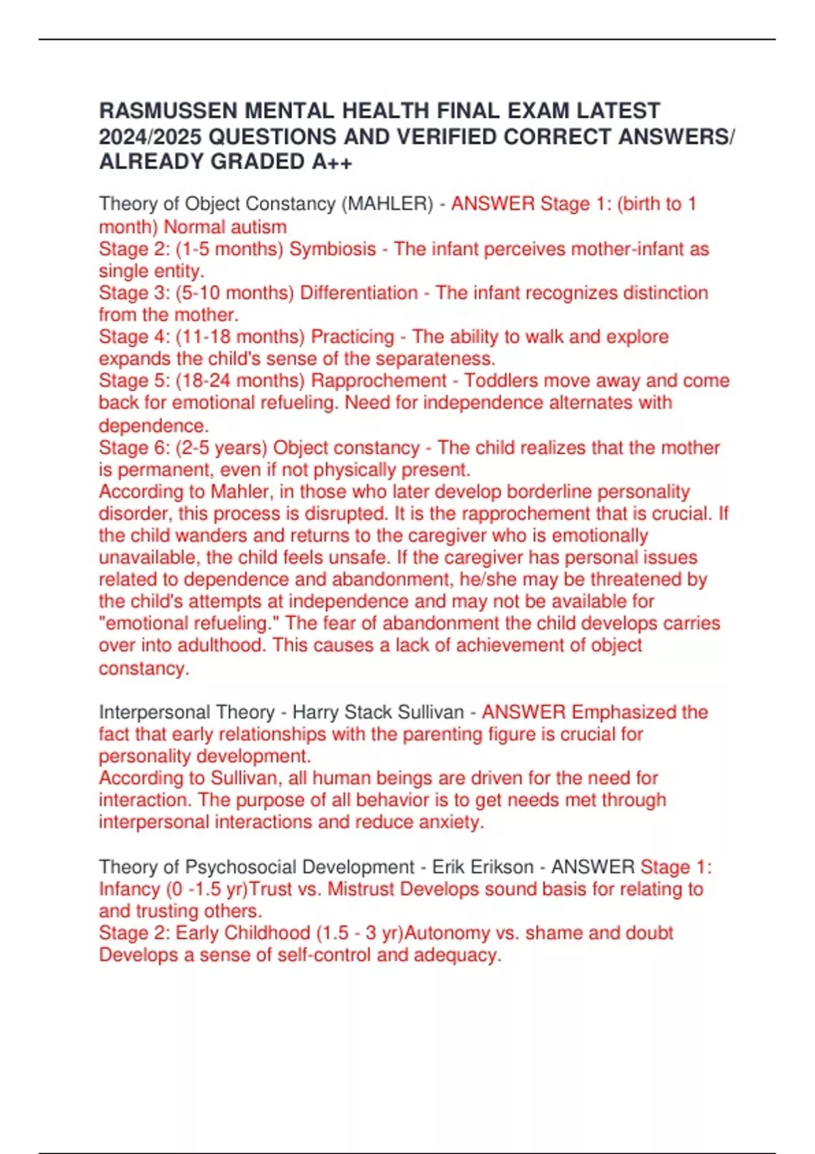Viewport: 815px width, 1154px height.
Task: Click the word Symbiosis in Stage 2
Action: pyautogui.click(x=333, y=248)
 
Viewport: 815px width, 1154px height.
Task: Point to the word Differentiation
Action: pyautogui.click(x=359, y=293)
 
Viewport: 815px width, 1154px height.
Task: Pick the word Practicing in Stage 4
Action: pyautogui.click(x=352, y=337)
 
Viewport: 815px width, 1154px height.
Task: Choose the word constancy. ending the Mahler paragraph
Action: pyautogui.click(x=144, y=669)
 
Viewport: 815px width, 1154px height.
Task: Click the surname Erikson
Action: pyautogui.click(x=502, y=867)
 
